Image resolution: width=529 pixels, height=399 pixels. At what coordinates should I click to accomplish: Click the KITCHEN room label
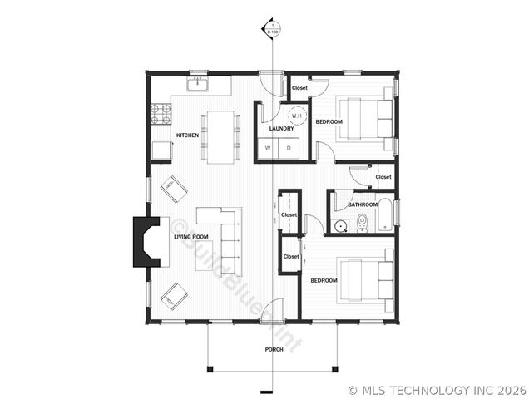pyautogui.click(x=186, y=135)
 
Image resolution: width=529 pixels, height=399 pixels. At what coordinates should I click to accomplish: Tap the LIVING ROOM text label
pyautogui.click(x=190, y=237)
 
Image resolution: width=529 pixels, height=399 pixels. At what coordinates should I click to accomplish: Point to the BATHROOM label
pyautogui.click(x=363, y=204)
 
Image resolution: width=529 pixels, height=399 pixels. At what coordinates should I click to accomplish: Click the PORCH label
pyautogui.click(x=274, y=350)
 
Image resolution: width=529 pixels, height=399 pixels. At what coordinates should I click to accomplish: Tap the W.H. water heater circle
pyautogui.click(x=296, y=116)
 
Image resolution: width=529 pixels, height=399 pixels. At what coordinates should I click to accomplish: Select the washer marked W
pyautogui.click(x=268, y=148)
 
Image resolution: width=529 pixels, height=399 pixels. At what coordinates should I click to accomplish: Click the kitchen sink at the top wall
pyautogui.click(x=199, y=84)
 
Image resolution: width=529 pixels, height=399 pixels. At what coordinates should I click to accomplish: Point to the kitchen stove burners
pyautogui.click(x=159, y=113)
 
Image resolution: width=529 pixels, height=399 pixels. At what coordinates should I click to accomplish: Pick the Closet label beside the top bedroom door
pyautogui.click(x=299, y=87)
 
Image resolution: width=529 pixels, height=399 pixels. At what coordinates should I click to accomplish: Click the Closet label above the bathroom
pyautogui.click(x=383, y=177)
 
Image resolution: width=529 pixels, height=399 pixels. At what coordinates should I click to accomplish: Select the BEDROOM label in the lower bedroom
pyautogui.click(x=324, y=280)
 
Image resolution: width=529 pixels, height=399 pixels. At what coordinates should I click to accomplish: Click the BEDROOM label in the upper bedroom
pyautogui.click(x=329, y=122)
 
